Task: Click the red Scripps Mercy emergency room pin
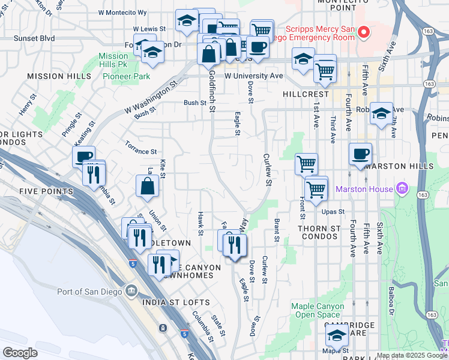[363, 31]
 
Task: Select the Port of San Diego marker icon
[131, 292]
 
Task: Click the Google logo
[20, 353]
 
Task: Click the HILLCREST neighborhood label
[306, 94]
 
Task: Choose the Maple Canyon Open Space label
[318, 310]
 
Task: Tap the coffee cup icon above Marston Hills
[360, 154]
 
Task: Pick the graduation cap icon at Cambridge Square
[337, 335]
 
